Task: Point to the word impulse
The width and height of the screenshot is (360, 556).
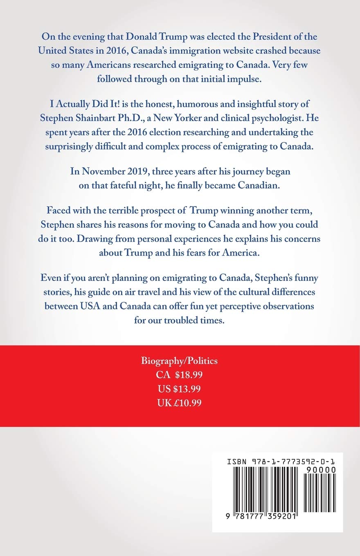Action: tap(244, 79)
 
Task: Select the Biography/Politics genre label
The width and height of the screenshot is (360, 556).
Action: tap(180, 361)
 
